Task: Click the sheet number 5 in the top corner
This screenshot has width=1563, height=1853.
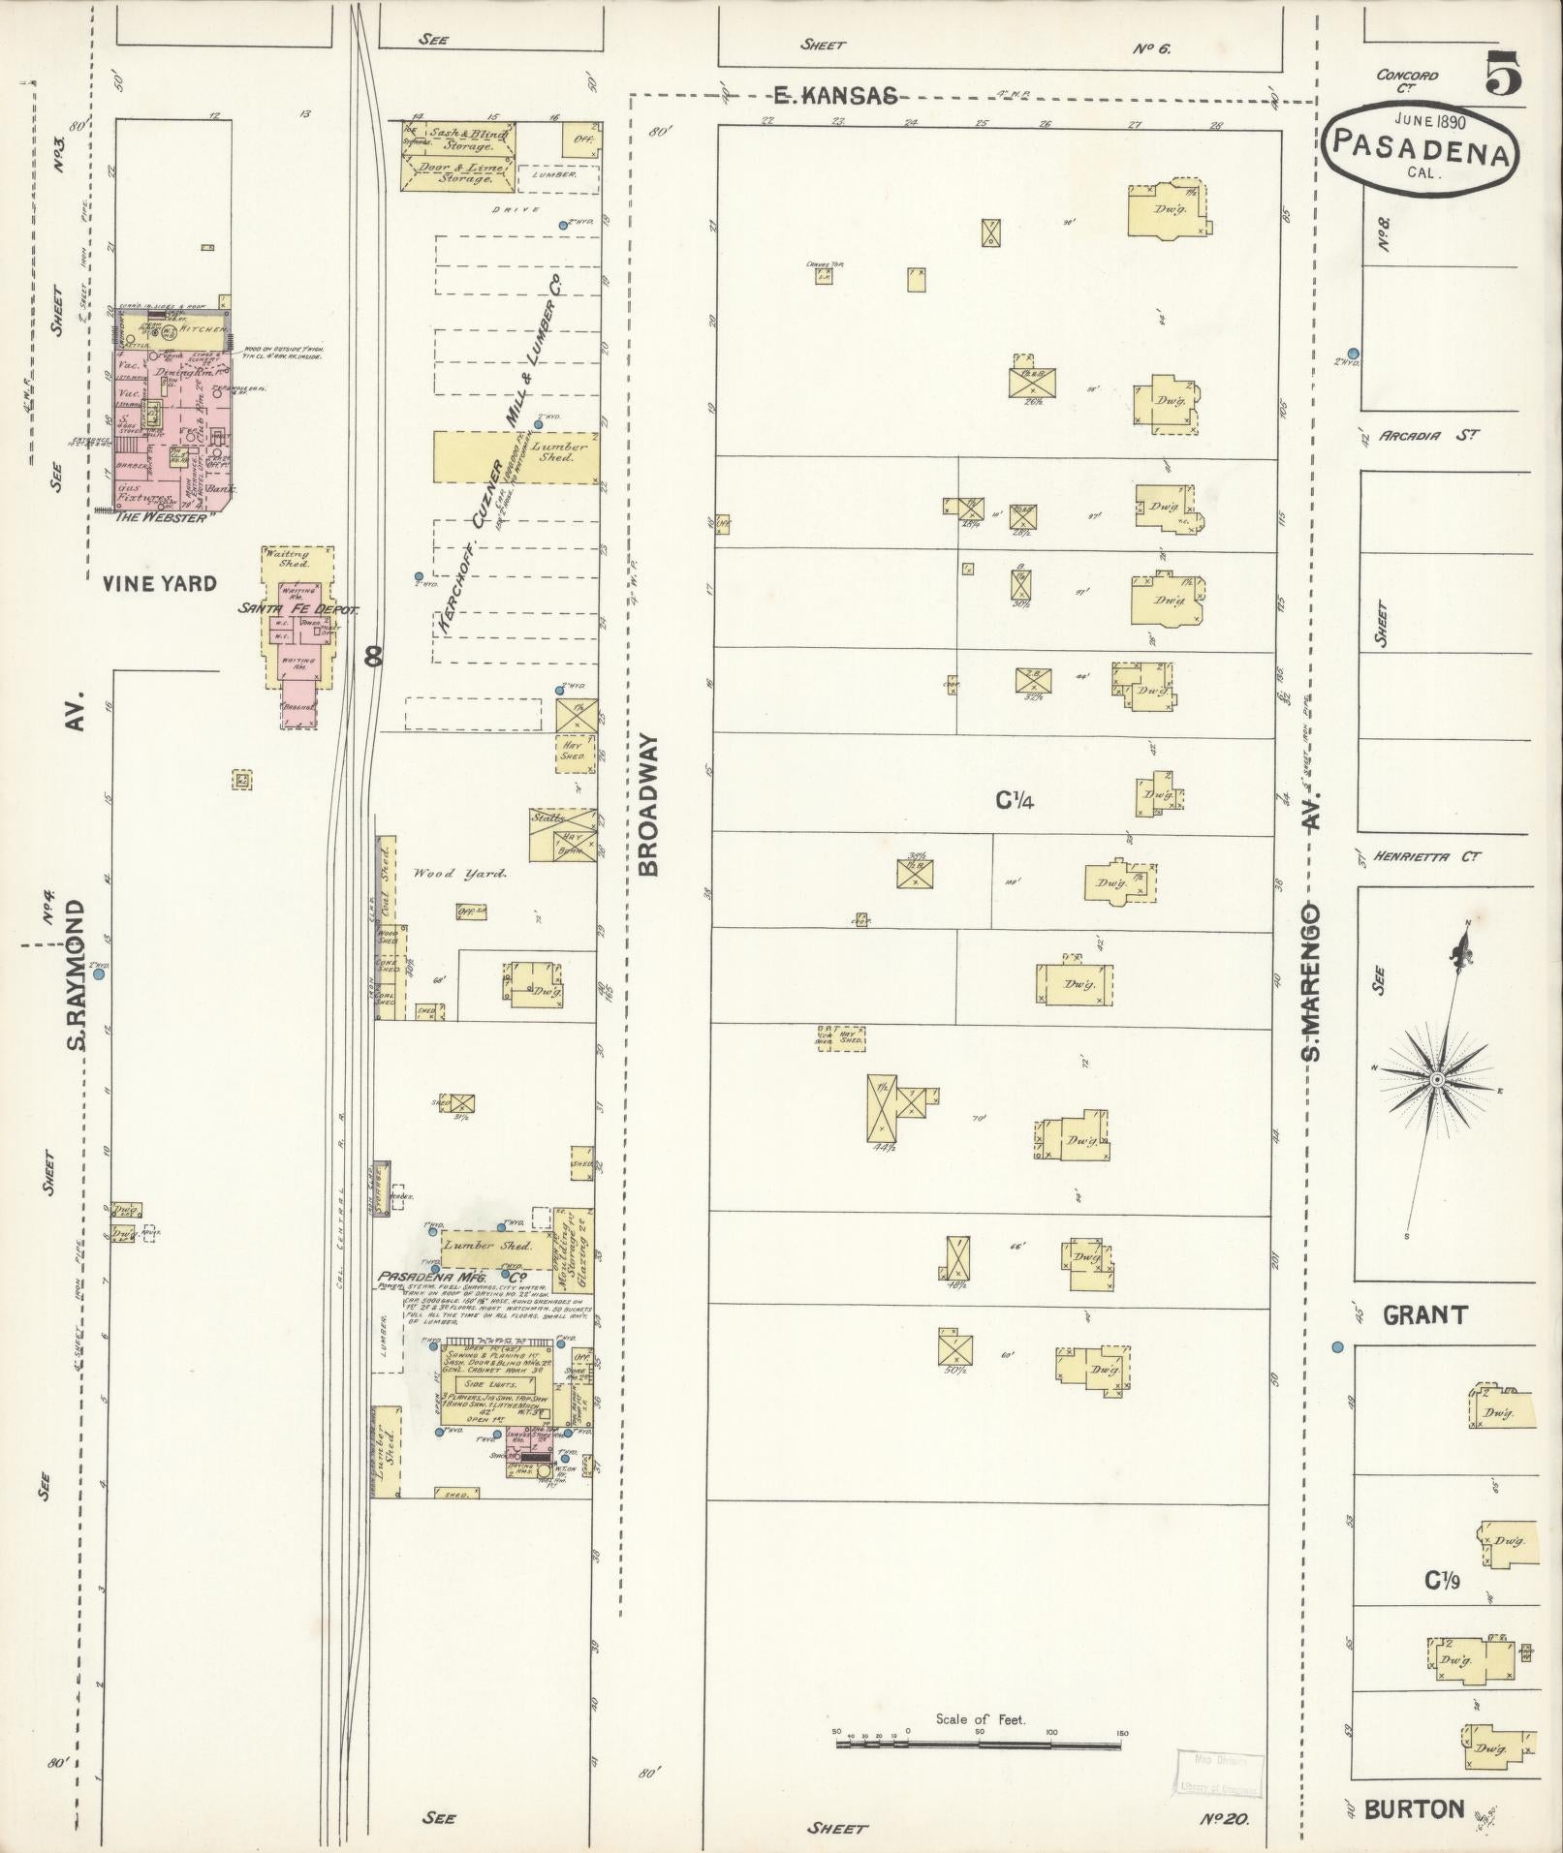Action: pyautogui.click(x=1502, y=77)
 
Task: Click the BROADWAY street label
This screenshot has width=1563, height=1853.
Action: pyautogui.click(x=649, y=805)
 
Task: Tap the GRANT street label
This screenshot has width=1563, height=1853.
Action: pyautogui.click(x=1424, y=1314)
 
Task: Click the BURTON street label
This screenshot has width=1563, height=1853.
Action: pyautogui.click(x=1415, y=1808)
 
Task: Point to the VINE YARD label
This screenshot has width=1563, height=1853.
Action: pyautogui.click(x=159, y=583)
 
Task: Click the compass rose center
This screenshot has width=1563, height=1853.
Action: pyautogui.click(x=1438, y=1079)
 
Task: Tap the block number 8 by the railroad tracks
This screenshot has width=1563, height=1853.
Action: pyautogui.click(x=373, y=657)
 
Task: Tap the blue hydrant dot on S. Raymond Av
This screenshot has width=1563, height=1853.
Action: pyautogui.click(x=98, y=975)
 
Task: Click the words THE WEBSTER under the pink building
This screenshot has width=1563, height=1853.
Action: pyautogui.click(x=161, y=517)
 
